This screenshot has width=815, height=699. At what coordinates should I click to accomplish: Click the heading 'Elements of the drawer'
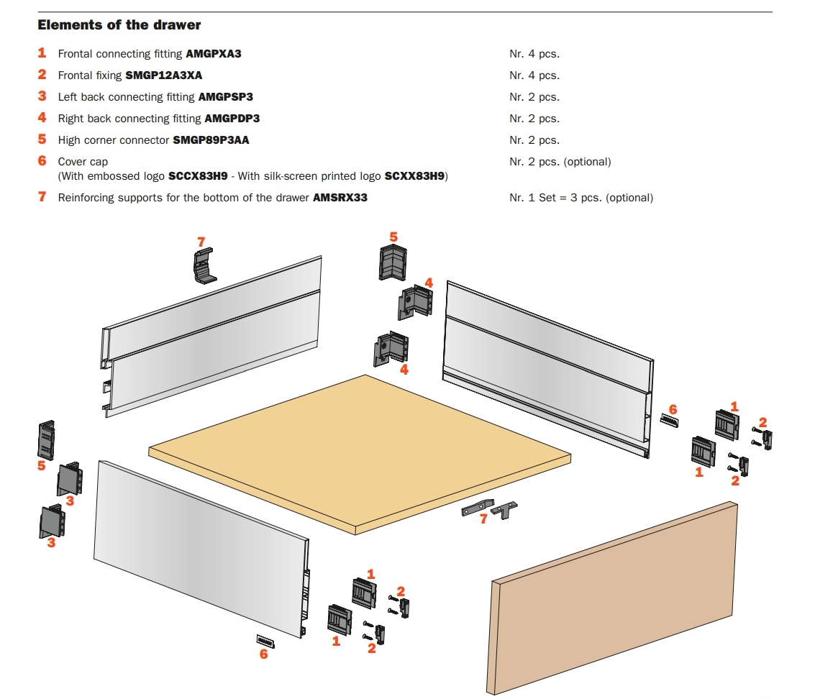pyautogui.click(x=119, y=25)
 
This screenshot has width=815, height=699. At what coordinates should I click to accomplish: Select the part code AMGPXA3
pyautogui.click(x=214, y=53)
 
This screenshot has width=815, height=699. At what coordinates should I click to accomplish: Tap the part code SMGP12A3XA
pyautogui.click(x=164, y=76)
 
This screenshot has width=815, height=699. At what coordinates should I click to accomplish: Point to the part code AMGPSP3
pyautogui.click(x=226, y=97)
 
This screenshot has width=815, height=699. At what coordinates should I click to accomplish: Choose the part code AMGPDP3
pyautogui.click(x=232, y=119)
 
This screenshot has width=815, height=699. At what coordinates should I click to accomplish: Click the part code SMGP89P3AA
pyautogui.click(x=211, y=140)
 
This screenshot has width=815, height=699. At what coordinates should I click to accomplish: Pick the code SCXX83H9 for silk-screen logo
pyautogui.click(x=415, y=176)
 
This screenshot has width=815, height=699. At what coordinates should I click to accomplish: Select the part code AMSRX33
pyautogui.click(x=340, y=198)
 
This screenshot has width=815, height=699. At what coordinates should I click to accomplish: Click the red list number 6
pyautogui.click(x=42, y=161)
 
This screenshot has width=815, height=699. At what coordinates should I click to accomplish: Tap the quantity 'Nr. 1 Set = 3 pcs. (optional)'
pyautogui.click(x=581, y=198)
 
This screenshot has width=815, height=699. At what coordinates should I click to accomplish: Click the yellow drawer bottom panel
pyautogui.click(x=360, y=454)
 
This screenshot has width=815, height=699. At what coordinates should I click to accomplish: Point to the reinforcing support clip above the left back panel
pyautogui.click(x=204, y=265)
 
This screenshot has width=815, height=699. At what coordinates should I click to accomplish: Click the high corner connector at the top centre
pyautogui.click(x=393, y=262)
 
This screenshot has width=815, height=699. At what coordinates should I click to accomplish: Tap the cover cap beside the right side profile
pyautogui.click(x=670, y=421)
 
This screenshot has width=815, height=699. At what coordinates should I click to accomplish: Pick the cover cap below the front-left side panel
pyautogui.click(x=265, y=641)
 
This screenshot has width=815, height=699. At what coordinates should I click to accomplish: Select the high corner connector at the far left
pyautogui.click(x=46, y=440)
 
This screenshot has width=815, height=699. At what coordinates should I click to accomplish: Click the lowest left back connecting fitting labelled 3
pyautogui.click(x=52, y=522)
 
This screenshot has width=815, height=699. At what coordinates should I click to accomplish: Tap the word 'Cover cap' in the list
pyautogui.click(x=83, y=162)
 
